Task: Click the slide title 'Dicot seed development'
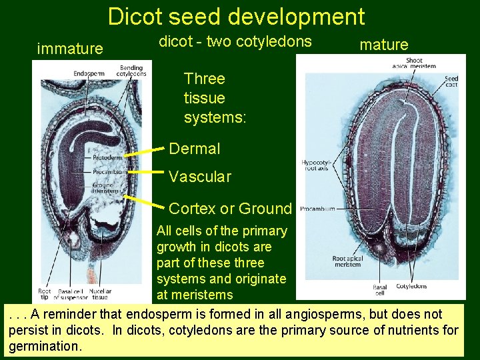[x=236, y=17]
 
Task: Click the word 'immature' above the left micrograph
[x=70, y=49]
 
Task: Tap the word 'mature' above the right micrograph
[x=383, y=45]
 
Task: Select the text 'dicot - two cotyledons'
[x=235, y=41]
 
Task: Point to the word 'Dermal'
[x=194, y=149]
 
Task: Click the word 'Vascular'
[x=200, y=177]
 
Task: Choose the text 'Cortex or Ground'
[x=230, y=209]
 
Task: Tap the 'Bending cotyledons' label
[x=133, y=71]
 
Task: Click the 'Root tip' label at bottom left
[x=45, y=294]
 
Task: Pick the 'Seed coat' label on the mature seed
[x=451, y=82]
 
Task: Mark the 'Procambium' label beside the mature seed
[x=317, y=209]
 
